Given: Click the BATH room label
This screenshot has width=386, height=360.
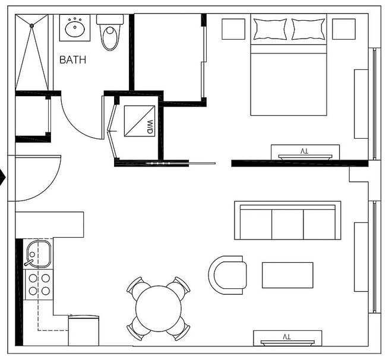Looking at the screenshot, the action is click(73, 60).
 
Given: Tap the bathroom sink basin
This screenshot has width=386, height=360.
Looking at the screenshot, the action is click(75, 28).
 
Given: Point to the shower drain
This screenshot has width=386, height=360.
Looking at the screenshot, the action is click(31, 25).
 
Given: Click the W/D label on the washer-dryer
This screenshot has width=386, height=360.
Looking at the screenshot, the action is click(150, 127).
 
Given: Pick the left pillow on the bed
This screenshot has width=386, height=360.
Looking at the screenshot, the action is click(270, 29).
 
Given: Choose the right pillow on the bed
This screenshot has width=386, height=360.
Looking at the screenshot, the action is click(308, 29).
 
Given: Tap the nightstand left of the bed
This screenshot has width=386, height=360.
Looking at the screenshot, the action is click(233, 29).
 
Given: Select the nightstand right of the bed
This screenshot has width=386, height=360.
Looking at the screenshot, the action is click(344, 29).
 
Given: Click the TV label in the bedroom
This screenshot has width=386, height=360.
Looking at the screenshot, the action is click(304, 151).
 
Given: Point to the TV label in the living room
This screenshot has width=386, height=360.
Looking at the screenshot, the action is click(287, 337).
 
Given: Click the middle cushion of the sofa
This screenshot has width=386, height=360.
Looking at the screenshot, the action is click(287, 224).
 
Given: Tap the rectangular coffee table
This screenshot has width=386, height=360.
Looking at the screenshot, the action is click(287, 275).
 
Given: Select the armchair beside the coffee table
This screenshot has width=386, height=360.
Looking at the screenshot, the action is click(227, 275).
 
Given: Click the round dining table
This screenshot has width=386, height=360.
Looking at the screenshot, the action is click(159, 308).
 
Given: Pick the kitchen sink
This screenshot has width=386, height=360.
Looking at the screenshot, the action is click(39, 254).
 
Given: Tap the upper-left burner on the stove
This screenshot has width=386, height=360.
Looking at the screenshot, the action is click(33, 278).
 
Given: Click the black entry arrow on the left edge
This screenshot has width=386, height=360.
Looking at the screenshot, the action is click(2, 177).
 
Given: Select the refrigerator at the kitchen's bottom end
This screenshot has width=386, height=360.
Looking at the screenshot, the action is click(84, 330).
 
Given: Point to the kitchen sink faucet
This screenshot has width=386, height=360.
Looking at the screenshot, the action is click(29, 262).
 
